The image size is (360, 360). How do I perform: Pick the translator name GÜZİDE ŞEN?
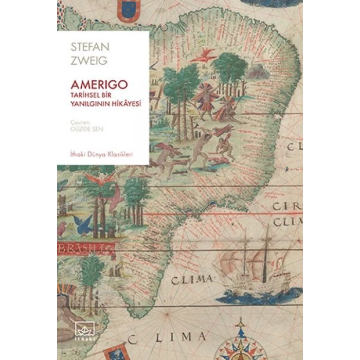pos(84,130)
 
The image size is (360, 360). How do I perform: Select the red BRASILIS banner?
pos(84,250)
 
